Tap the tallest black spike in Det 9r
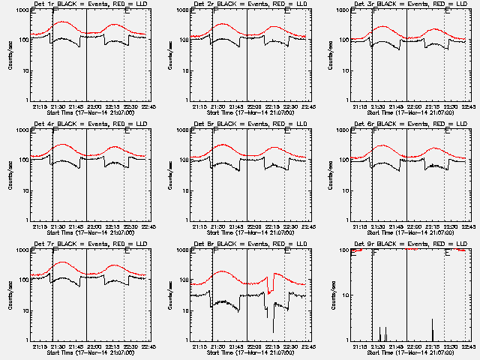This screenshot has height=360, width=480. click(432, 321)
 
